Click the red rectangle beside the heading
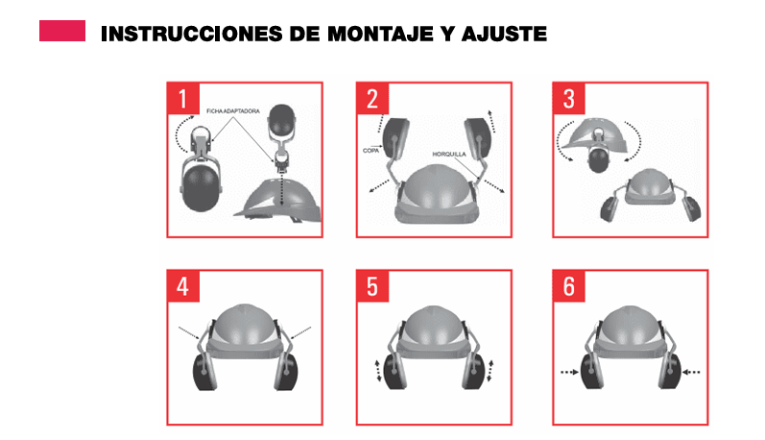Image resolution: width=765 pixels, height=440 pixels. (x=61, y=32)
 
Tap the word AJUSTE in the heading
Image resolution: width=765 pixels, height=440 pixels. (x=503, y=35)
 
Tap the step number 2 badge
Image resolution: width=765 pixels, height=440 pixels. (x=371, y=97)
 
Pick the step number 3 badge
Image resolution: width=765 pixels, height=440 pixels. (x=567, y=97)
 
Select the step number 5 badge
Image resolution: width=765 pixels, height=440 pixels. (x=371, y=286)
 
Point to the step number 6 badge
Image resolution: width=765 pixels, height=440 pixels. (x=567, y=286)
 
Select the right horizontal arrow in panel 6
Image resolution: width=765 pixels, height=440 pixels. (x=693, y=371)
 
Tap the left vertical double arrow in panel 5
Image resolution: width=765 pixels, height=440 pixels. (x=377, y=370)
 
